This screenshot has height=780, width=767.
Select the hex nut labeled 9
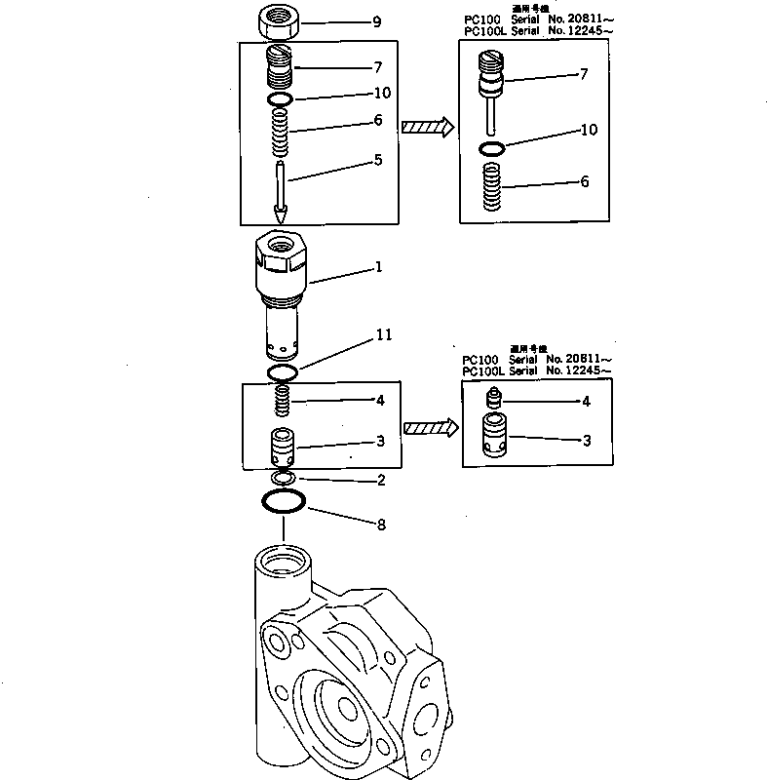point(280,20)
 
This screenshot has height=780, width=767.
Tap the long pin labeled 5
point(280,180)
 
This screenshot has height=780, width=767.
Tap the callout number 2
point(381,481)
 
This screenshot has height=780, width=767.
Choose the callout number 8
point(381,525)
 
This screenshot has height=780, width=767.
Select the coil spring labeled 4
point(281,401)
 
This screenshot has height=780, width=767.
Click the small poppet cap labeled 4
point(493,398)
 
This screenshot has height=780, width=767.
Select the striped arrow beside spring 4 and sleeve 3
point(430,427)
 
